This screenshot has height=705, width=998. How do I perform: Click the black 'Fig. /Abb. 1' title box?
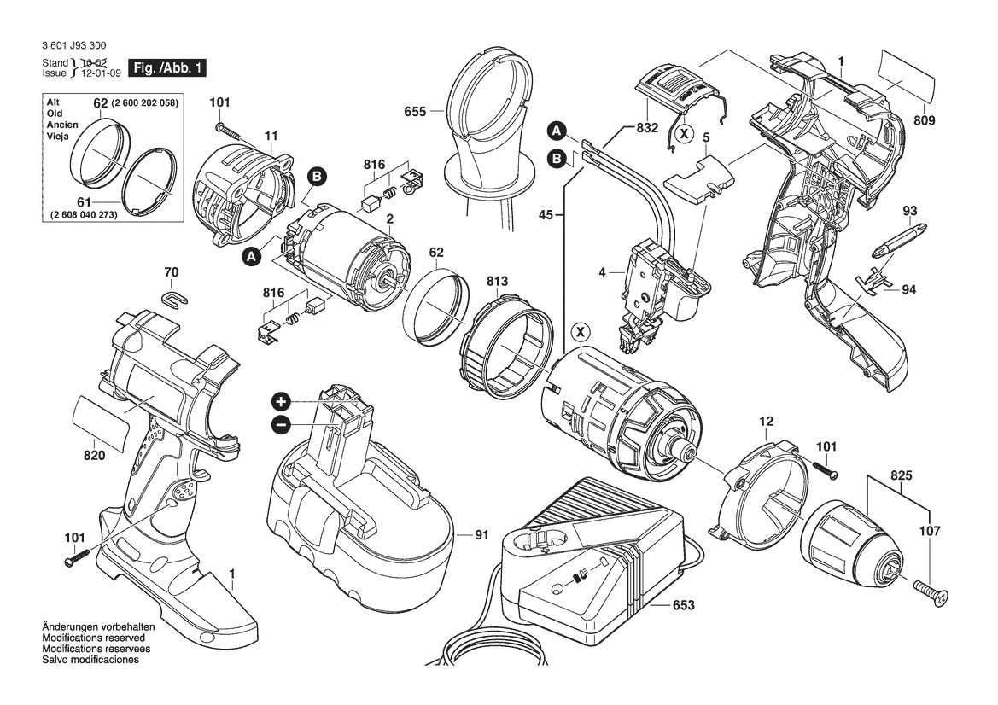coord(166,67)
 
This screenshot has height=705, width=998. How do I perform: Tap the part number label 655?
coord(417,110)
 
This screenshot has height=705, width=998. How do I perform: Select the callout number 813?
coord(498,281)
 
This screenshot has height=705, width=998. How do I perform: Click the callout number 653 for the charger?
coord(683,605)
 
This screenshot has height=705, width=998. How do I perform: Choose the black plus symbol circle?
coord(282,402)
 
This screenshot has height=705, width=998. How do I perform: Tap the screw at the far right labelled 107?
coord(930,593)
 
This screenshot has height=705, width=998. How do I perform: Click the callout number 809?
coord(924,120)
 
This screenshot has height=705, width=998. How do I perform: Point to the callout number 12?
coord(766,422)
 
